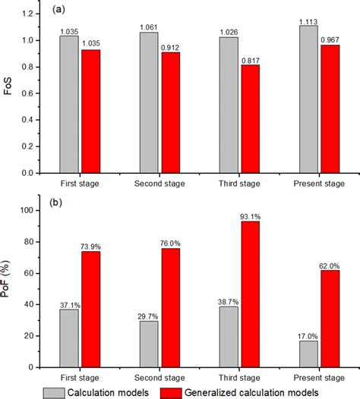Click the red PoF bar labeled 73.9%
90,309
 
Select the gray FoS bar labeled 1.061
150,102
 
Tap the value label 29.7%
150,314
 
